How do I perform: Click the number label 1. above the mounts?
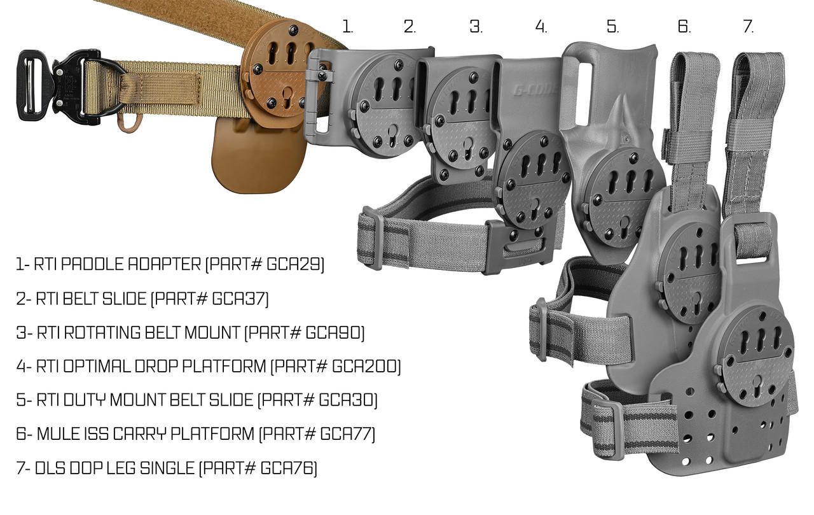347,27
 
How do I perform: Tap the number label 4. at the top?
541,27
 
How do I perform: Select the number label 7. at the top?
748,27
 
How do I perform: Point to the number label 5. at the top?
612,27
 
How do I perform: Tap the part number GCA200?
368,367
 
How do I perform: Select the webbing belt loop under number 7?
759,115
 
